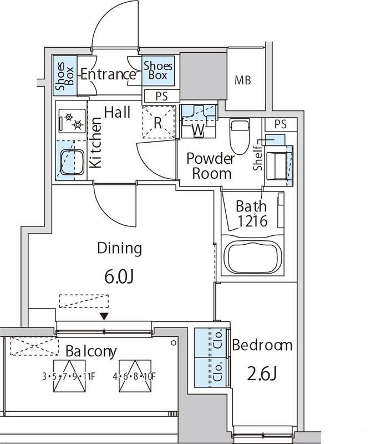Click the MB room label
243,80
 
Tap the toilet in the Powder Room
240,136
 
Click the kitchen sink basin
73,163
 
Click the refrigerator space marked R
159,122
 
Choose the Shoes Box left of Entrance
65,75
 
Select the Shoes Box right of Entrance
158,70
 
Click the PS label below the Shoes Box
161,96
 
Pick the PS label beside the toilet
281,124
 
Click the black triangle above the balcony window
105,316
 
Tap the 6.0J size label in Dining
119,276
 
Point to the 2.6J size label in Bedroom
262,374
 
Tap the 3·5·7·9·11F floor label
68,377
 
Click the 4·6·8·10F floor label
134,377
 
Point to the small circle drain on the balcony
173,343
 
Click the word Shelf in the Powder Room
258,158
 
